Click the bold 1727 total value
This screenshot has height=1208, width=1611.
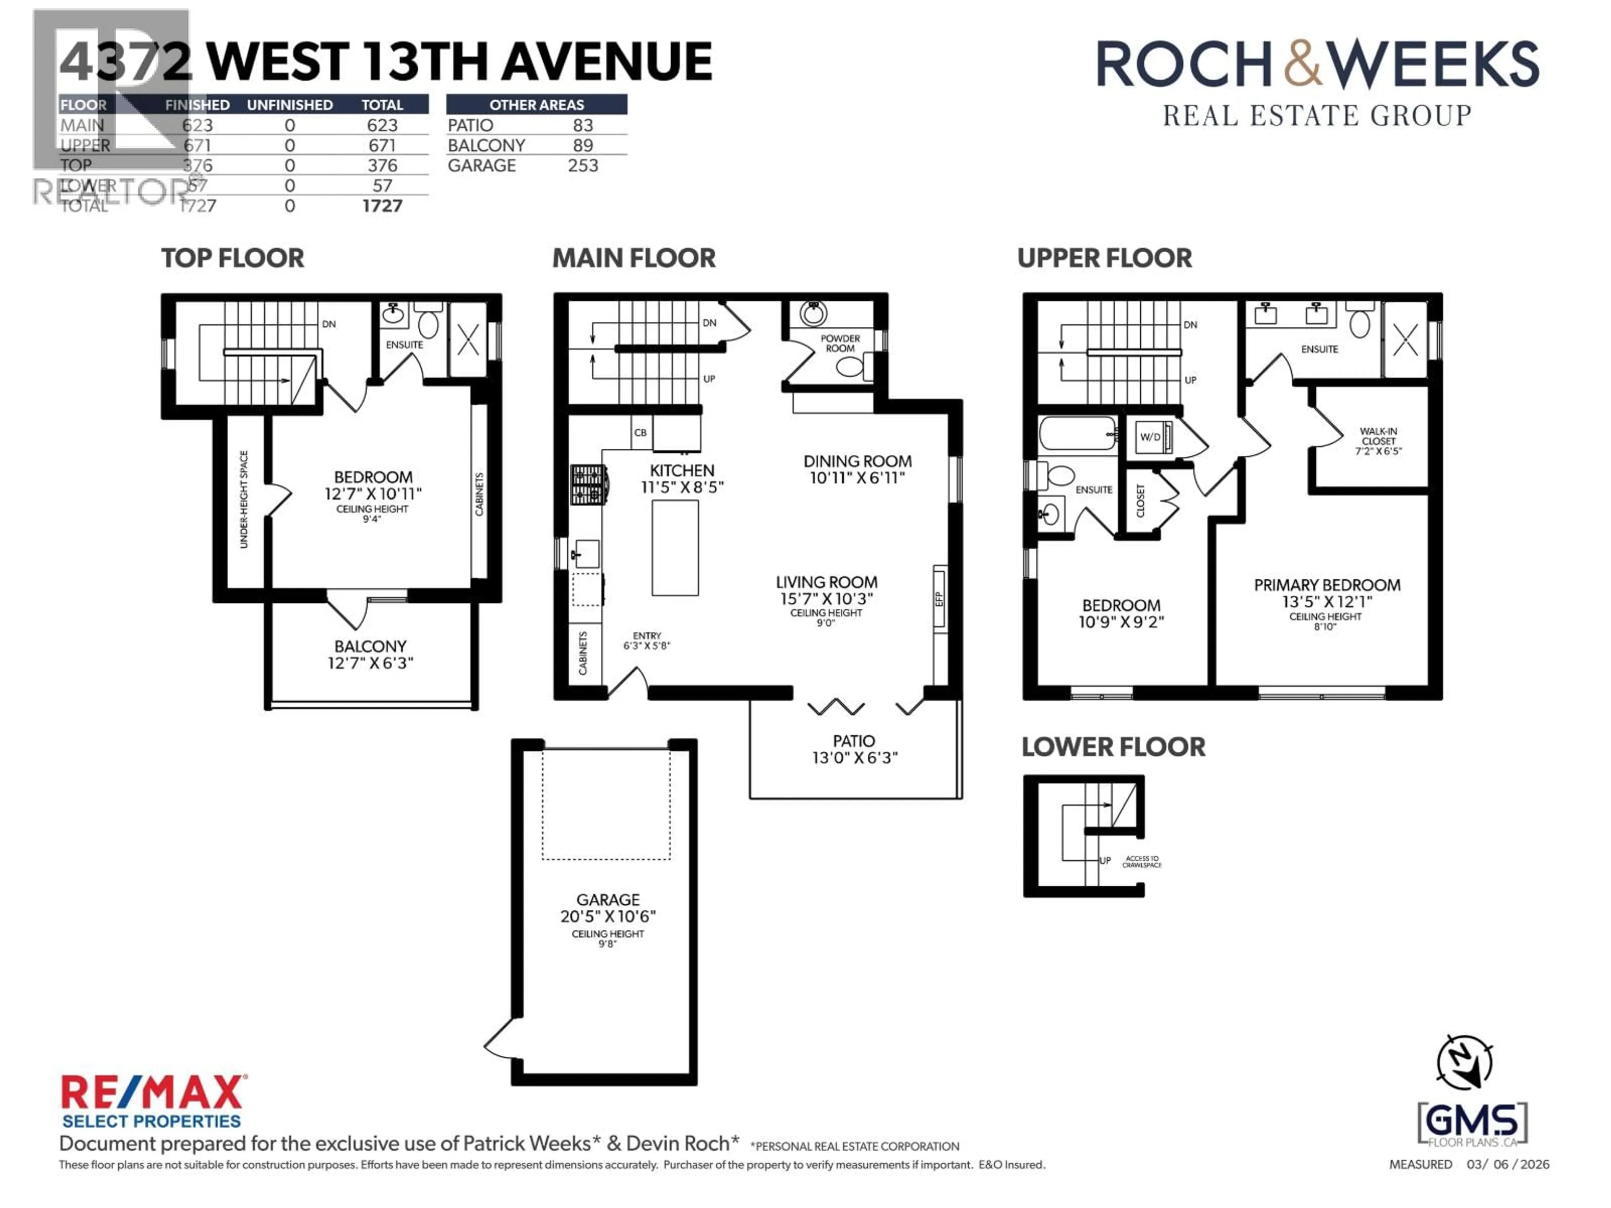[x=382, y=206]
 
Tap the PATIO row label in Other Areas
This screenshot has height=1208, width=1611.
[x=470, y=125]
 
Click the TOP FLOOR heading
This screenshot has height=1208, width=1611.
[x=232, y=258]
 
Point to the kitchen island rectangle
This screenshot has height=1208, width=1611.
[x=675, y=547]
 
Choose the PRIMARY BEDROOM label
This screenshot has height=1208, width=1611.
[x=1326, y=586]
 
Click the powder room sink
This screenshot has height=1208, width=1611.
[x=813, y=314]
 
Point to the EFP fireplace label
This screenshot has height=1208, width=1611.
[x=939, y=599]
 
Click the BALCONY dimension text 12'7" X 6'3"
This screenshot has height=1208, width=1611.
[x=370, y=663]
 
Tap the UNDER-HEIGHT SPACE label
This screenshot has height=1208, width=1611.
[x=244, y=500]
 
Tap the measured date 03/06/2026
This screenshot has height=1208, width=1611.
[x=1507, y=1164]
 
